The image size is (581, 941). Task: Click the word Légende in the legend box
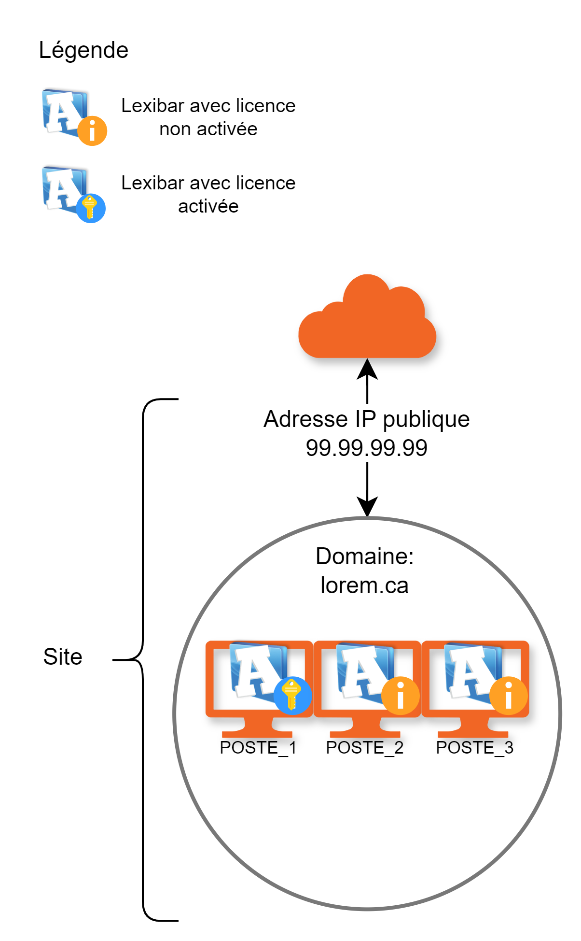tap(83, 50)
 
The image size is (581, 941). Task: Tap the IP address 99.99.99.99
tap(367, 448)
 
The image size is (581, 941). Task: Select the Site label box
tap(64, 657)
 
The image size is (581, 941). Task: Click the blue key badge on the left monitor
tap(292, 695)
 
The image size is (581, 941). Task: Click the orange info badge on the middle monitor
tap(400, 696)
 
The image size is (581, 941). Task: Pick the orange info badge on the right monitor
tap(508, 696)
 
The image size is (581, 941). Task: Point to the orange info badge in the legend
tap(92, 130)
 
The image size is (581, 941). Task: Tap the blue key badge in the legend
tap(91, 208)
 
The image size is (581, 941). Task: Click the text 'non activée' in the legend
tap(208, 129)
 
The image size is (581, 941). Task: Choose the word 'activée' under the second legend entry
tap(208, 207)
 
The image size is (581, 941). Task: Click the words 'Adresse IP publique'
tap(367, 419)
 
